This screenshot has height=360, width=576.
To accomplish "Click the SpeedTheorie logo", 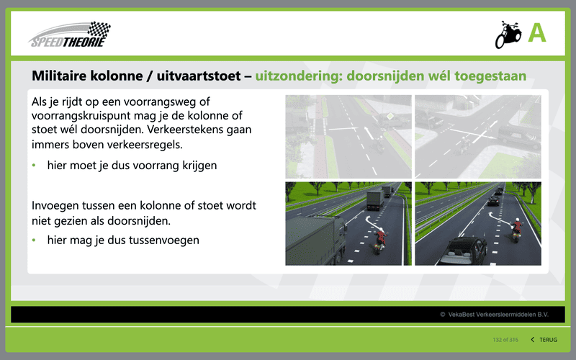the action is [69, 35].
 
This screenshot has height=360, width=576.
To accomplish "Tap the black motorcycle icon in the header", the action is [508, 35].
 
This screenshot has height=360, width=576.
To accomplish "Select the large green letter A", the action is [537, 33].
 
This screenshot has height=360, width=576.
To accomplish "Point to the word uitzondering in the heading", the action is [298, 76].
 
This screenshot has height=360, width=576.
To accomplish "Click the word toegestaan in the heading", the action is [490, 76].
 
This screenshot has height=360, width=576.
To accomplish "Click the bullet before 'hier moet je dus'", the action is [34, 166].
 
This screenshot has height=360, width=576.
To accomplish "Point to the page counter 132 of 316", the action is [505, 340].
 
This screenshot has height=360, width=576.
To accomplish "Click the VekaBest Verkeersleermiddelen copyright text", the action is [494, 315].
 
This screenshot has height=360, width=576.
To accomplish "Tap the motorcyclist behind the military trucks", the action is [379, 240].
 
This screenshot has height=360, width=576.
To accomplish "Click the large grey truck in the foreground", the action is [316, 240].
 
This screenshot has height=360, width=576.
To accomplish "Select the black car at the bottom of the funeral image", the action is [464, 251].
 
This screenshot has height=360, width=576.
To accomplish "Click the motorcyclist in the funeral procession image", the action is [516, 230].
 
